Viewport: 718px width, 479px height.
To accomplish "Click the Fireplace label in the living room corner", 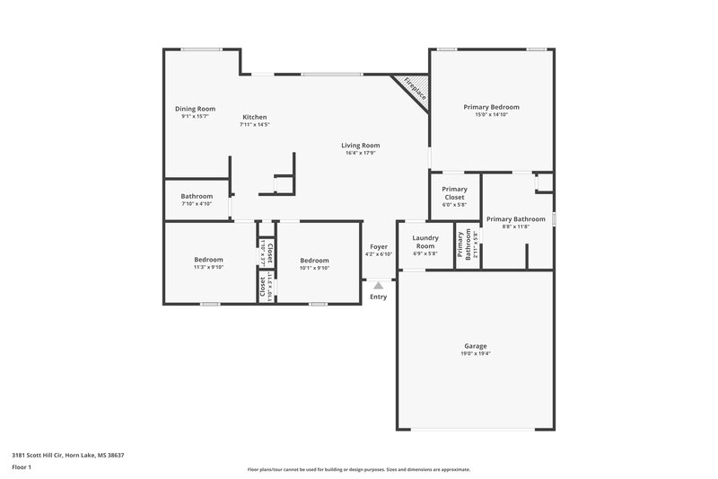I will pyautogui.click(x=414, y=88).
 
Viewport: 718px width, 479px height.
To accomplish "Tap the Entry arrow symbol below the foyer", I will pyautogui.click(x=378, y=286).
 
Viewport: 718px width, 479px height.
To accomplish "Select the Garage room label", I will pyautogui.click(x=476, y=346).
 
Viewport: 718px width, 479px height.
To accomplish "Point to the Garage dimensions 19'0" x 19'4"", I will pyautogui.click(x=476, y=354).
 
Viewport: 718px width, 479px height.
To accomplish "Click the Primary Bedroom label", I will pyautogui.click(x=491, y=107).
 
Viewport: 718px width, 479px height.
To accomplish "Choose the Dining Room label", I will pyautogui.click(x=195, y=109).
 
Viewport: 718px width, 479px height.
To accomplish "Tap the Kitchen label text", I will pyautogui.click(x=254, y=117).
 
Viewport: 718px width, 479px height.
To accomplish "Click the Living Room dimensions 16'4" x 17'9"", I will pyautogui.click(x=360, y=153).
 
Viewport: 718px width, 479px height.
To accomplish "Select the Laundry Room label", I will pyautogui.click(x=425, y=242).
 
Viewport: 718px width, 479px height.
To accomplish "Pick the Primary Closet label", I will pyautogui.click(x=454, y=192).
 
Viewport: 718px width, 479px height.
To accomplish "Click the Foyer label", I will pyautogui.click(x=379, y=246).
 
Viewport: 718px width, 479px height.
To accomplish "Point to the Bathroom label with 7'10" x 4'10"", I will pyautogui.click(x=197, y=196).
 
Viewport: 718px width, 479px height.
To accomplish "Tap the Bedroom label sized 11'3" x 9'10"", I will pyautogui.click(x=208, y=260).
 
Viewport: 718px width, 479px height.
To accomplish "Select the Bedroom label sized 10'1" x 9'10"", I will pyautogui.click(x=314, y=261).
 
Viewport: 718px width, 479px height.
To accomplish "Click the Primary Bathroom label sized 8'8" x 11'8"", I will pyautogui.click(x=516, y=218).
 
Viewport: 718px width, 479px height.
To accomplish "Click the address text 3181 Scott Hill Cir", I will pyautogui.click(x=67, y=456).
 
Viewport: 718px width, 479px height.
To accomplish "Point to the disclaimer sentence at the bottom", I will pyautogui.click(x=358, y=469).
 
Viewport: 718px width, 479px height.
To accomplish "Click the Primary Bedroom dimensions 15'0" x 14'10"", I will pyautogui.click(x=491, y=115).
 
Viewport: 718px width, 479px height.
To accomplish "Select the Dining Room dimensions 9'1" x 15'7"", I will pyautogui.click(x=195, y=116).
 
